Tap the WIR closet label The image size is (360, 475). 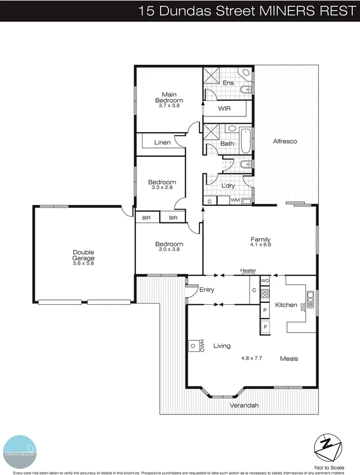coord(224,109)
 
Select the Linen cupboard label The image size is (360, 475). coord(162,142)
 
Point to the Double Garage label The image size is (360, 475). coord(83,255)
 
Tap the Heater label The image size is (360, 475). coord(248,270)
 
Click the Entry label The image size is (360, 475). coord(207,290)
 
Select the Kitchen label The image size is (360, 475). coord(286,305)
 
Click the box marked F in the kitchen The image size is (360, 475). coord(265,327)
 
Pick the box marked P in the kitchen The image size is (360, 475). coord(265,310)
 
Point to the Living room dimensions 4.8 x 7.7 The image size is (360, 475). coord(252,359)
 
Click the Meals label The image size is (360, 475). coord(289,359)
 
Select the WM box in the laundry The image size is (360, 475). coord(235,200)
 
